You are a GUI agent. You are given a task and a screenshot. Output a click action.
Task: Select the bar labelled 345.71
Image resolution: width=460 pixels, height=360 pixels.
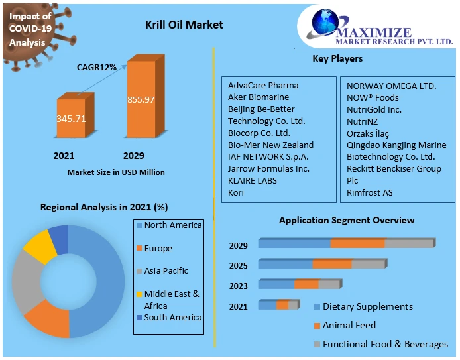point(70,119)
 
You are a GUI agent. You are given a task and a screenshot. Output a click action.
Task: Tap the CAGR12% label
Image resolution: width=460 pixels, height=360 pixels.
point(97,67)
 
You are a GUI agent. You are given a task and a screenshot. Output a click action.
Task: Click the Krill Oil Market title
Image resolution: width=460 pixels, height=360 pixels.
point(184,25)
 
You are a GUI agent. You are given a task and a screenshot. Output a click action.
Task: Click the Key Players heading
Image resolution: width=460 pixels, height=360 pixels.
point(337,59)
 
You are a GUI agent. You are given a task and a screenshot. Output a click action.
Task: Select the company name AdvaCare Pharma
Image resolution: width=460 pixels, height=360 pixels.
point(263,85)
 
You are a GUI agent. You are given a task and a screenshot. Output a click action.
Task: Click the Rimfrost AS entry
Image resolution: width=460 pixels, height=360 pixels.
point(369,192)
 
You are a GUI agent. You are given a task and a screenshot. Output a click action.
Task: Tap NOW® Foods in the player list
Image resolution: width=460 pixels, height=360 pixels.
point(373,97)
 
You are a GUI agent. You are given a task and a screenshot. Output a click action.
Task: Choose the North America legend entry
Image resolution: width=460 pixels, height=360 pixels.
point(172,225)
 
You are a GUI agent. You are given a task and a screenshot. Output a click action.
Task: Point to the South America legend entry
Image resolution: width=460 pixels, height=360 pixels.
point(172,318)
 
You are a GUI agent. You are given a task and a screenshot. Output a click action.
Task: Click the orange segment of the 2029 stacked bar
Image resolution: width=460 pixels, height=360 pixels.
point(357,243)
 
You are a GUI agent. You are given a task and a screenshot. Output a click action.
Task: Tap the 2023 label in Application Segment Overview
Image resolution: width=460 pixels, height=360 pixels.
point(239,286)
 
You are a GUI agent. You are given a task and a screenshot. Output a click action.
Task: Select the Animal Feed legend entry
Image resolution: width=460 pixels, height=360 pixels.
point(349,326)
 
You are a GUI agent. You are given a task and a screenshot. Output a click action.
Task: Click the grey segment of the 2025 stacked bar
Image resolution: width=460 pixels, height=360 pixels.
point(368,264)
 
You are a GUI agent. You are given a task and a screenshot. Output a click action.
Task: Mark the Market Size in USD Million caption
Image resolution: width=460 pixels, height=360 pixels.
point(116,172)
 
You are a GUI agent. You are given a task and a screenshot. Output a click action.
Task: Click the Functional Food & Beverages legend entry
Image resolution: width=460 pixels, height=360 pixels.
point(385,344)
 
